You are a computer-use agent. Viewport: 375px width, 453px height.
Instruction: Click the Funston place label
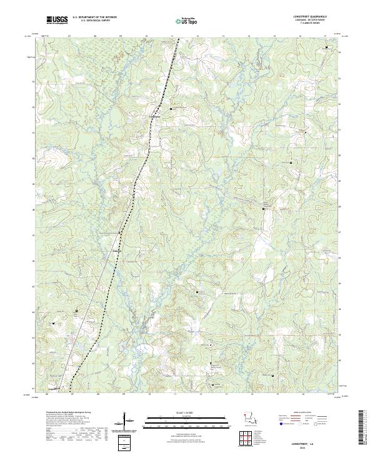click(116, 252)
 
